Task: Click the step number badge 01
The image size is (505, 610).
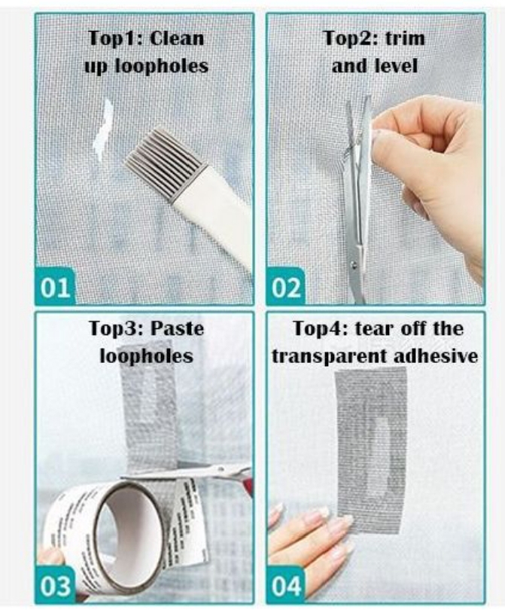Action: click(x=55, y=287)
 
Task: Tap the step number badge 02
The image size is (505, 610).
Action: click(x=285, y=287)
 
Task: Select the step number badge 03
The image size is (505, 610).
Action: click(x=55, y=584)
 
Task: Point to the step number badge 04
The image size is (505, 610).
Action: click(x=285, y=584)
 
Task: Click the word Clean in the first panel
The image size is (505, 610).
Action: click(x=177, y=38)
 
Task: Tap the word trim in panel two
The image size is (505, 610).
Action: click(x=405, y=38)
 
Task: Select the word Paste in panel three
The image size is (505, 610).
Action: click(x=178, y=329)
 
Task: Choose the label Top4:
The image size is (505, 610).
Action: click(x=321, y=329)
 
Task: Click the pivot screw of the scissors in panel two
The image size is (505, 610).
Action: click(x=354, y=265)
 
